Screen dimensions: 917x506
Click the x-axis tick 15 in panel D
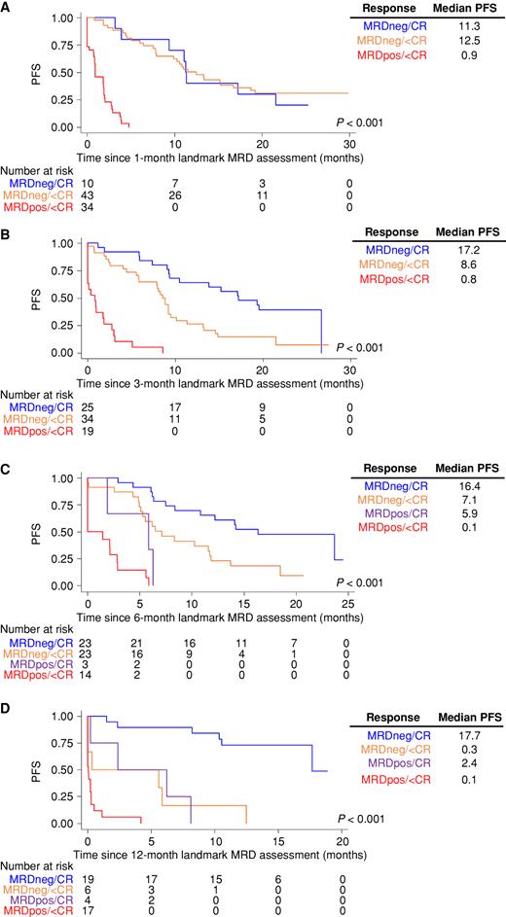278,840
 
